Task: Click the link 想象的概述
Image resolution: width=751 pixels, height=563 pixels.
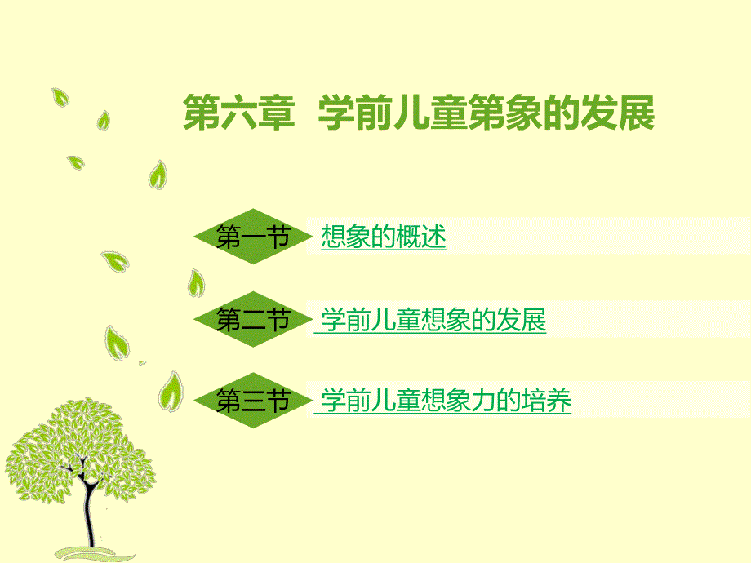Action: click(383, 237)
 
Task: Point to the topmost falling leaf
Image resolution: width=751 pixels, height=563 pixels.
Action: click(60, 97)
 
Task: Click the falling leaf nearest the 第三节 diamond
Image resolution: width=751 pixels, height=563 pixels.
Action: click(171, 391)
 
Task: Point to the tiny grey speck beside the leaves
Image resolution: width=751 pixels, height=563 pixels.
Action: click(142, 362)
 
